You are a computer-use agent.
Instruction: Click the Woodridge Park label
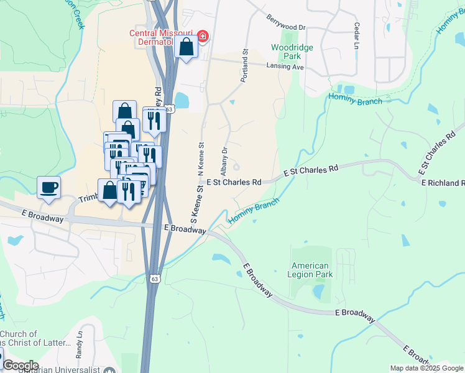[292, 52]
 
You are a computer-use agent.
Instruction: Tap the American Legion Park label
[311, 270]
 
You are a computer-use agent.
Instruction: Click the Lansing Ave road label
[285, 66]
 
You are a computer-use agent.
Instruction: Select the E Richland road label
[443, 183]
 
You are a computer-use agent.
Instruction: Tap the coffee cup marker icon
[48, 187]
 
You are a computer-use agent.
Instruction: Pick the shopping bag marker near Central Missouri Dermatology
[186, 47]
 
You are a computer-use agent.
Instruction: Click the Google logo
[21, 366]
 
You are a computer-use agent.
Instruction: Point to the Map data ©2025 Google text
[426, 368]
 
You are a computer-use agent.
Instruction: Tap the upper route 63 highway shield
[169, 109]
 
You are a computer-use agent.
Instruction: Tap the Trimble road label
[88, 198]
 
